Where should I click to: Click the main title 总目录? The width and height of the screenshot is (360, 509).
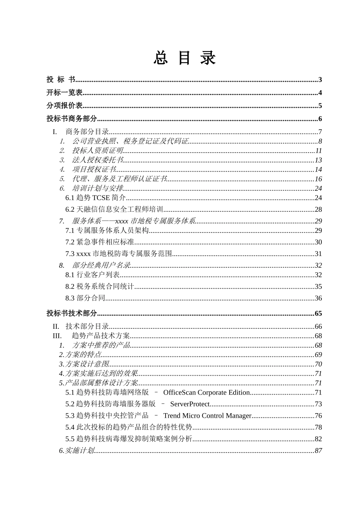[x=185, y=58]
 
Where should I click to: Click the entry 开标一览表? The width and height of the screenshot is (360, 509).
[x=64, y=93]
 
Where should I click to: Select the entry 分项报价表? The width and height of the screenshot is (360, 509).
[x=64, y=106]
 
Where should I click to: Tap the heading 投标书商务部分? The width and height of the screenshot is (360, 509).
[x=72, y=119]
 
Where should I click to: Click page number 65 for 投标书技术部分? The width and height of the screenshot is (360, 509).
[x=318, y=314]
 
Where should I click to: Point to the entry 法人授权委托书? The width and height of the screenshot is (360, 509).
[x=97, y=160]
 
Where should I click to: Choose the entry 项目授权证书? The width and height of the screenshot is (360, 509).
[x=94, y=170]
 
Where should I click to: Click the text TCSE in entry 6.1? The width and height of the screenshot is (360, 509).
[x=101, y=198]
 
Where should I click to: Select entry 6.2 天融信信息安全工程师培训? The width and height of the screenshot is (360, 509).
[x=114, y=209]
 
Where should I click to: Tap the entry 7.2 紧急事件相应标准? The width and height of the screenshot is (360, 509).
[x=100, y=242]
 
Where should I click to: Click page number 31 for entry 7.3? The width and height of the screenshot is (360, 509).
[x=318, y=254]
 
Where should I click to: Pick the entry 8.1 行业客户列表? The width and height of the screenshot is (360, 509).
[x=92, y=275]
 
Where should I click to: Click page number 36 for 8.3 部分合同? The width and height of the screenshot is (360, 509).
[x=318, y=298]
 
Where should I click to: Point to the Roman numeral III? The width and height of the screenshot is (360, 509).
[x=57, y=336]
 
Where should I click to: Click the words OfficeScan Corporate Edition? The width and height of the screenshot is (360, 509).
[x=207, y=393]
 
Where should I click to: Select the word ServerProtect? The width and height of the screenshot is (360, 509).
[x=190, y=404]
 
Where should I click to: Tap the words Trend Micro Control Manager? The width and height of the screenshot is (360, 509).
[x=207, y=416]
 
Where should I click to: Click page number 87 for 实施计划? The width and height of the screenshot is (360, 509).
[x=318, y=451]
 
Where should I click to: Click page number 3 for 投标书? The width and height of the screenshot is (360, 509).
[x=320, y=80]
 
